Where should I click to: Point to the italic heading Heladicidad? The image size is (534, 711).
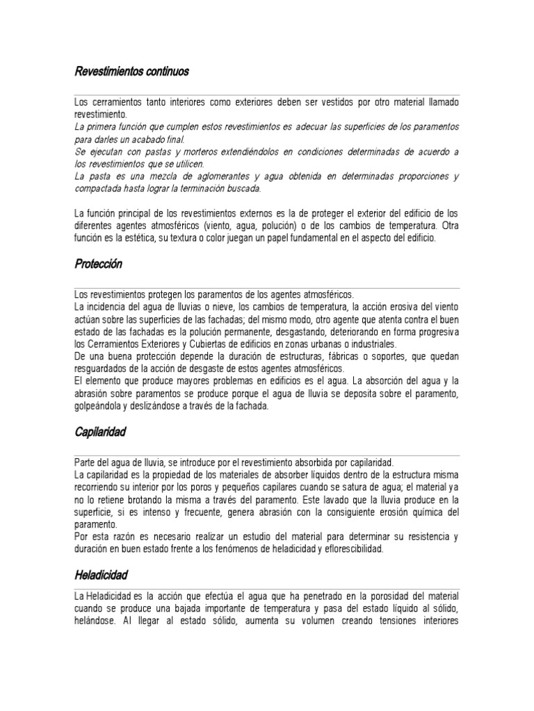102,575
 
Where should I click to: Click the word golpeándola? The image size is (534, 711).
102,406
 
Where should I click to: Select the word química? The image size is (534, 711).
412,512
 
